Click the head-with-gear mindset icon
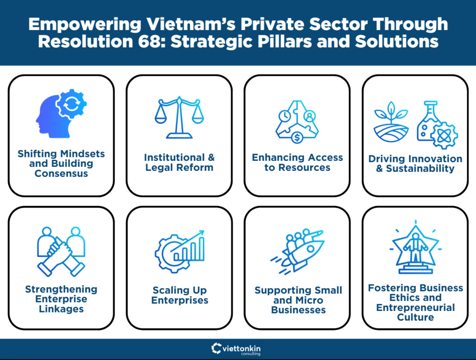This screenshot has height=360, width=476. pos(61,114)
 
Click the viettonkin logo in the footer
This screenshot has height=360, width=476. pos(238,349)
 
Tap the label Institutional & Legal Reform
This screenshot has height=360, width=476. pos(179,162)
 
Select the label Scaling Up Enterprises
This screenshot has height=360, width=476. pos(180,295)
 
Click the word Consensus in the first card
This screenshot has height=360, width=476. pos(61,174)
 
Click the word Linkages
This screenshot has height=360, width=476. pos(61,309)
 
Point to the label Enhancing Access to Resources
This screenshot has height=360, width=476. pos(297,162)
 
